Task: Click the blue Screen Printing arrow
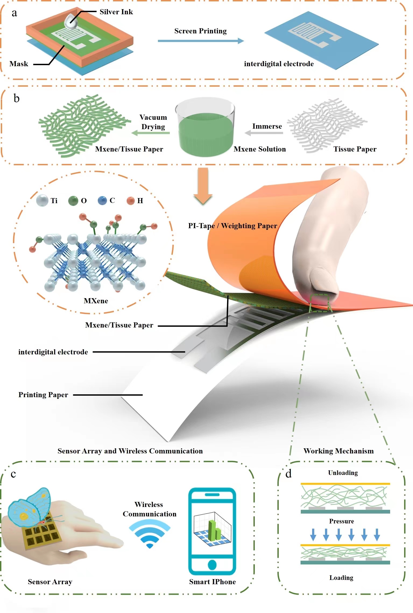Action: pos(200,41)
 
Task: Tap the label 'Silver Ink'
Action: pos(116,12)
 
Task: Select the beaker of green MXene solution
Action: pos(205,128)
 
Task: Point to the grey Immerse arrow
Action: pos(264,133)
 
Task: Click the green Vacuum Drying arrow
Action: pos(151,133)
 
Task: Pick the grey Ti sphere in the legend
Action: pos(42,200)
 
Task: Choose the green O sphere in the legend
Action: pos(73,201)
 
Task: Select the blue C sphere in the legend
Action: pos(102,200)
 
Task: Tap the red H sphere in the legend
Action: pos(131,200)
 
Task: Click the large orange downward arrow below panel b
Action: pos(203,186)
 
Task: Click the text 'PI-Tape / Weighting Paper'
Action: pos(232,226)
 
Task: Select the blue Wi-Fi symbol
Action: pos(150,534)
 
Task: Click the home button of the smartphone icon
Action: pos(212,565)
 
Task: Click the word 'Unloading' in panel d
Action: pos(343,473)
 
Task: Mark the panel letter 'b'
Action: pos(16,98)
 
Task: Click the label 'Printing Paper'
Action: pos(43,395)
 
